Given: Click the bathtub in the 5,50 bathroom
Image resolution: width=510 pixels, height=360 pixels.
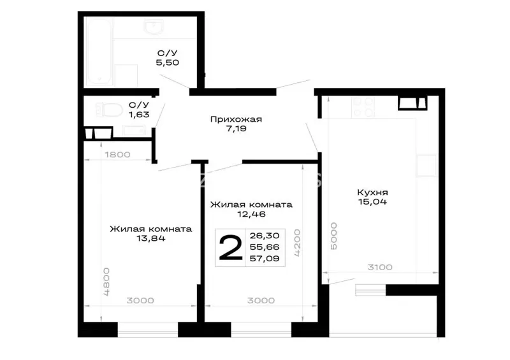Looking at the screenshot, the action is point(99,52).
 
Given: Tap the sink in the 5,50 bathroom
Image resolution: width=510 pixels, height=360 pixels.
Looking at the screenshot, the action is point(154,27).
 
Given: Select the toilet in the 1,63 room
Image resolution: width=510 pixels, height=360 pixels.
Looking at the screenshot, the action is point(108,110).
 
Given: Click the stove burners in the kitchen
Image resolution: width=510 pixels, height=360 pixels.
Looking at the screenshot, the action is point(363,107).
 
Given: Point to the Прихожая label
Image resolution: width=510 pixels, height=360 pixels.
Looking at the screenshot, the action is point(236,119).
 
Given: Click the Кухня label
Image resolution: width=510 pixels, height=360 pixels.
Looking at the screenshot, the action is point(372,192).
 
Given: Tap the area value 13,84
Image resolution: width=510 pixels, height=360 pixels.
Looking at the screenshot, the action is point(151,238).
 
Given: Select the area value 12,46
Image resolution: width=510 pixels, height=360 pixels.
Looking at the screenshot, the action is point(251,214).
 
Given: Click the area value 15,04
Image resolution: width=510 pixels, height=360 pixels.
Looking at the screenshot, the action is point(372,201).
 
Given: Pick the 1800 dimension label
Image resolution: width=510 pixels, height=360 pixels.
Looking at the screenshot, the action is point(118,154).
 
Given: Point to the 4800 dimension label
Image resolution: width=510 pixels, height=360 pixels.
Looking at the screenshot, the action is point(106,282).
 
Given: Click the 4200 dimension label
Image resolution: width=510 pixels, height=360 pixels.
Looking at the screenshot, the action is point(297,243).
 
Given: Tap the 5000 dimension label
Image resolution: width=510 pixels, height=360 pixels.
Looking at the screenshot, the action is point(333,236).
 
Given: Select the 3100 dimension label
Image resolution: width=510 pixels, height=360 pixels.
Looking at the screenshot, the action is point(380,268).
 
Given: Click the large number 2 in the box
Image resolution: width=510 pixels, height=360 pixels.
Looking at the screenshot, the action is point(231,248).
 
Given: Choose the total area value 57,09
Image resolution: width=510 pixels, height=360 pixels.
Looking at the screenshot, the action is point(265,259).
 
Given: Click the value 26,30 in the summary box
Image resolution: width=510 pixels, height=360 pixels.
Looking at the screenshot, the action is point(265,235).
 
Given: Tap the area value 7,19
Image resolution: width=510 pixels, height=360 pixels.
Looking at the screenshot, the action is point(237,129).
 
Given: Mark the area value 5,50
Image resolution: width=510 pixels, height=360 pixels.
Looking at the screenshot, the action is point(168,62).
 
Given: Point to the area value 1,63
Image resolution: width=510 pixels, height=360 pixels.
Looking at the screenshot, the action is point(139,115).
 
